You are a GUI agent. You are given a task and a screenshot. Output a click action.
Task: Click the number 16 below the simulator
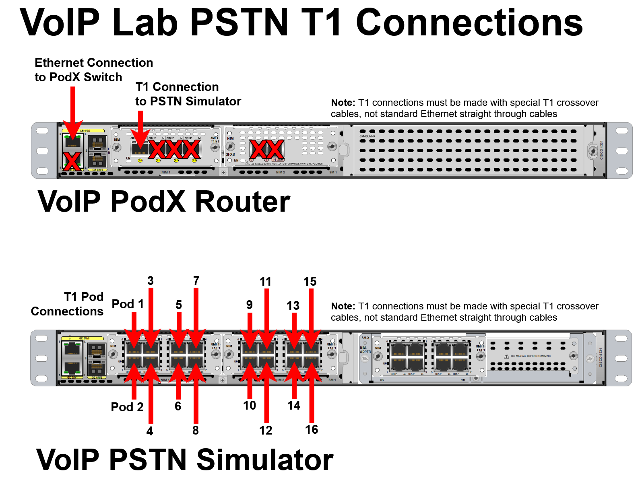312,429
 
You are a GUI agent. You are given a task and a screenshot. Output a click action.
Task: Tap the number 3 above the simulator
151,280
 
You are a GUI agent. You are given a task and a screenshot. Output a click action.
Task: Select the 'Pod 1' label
127,304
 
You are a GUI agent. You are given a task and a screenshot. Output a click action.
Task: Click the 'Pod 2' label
127,407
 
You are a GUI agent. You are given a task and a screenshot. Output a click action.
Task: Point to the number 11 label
265,281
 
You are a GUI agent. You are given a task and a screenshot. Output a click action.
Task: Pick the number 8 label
196,430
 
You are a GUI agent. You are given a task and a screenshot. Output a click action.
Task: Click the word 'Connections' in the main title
469,23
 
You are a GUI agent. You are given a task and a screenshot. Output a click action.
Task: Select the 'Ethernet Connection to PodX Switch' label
93,70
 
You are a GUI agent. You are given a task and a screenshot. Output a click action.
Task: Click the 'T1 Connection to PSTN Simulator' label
188,94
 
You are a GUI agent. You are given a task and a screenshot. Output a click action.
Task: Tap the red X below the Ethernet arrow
72,162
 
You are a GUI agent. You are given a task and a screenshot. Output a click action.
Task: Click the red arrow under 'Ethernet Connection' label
73,113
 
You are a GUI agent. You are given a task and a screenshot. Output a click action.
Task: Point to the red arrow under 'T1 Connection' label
140,129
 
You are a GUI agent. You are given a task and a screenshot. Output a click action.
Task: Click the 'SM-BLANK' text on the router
367,136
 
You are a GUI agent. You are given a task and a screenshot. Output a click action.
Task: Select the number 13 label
293,305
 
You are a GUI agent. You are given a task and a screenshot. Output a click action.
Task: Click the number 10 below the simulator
250,405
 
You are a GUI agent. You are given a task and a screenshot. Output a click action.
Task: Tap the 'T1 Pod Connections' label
67,304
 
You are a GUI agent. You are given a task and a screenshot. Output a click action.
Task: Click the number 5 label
179,305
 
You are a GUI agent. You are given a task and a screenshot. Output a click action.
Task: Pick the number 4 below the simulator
150,431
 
